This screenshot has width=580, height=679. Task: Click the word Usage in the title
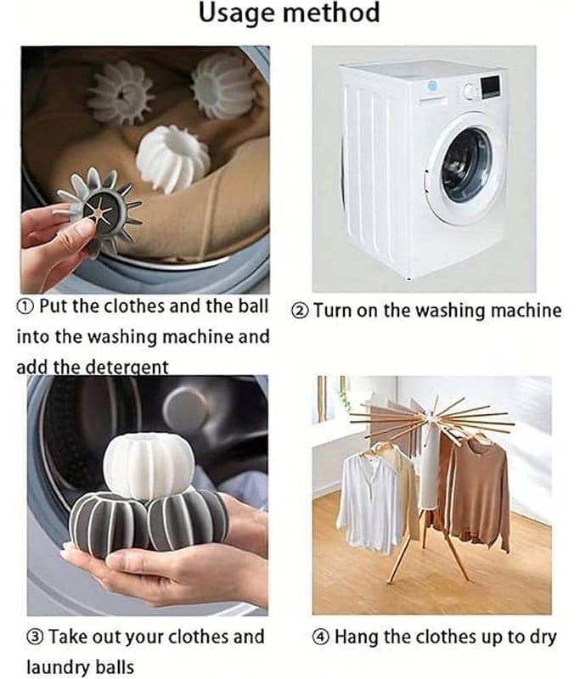(x=237, y=13)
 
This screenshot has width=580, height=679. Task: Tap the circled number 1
(x=25, y=307)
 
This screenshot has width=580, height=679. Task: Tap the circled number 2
(x=300, y=311)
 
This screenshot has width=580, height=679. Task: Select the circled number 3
(x=35, y=637)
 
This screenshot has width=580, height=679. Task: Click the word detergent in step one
(x=127, y=368)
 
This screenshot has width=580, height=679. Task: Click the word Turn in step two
(x=333, y=311)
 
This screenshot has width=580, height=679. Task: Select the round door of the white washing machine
(x=466, y=169)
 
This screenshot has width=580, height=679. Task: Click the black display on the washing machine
(x=490, y=86)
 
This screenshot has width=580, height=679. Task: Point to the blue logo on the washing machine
(x=432, y=86)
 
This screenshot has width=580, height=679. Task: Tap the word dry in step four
(x=543, y=638)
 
